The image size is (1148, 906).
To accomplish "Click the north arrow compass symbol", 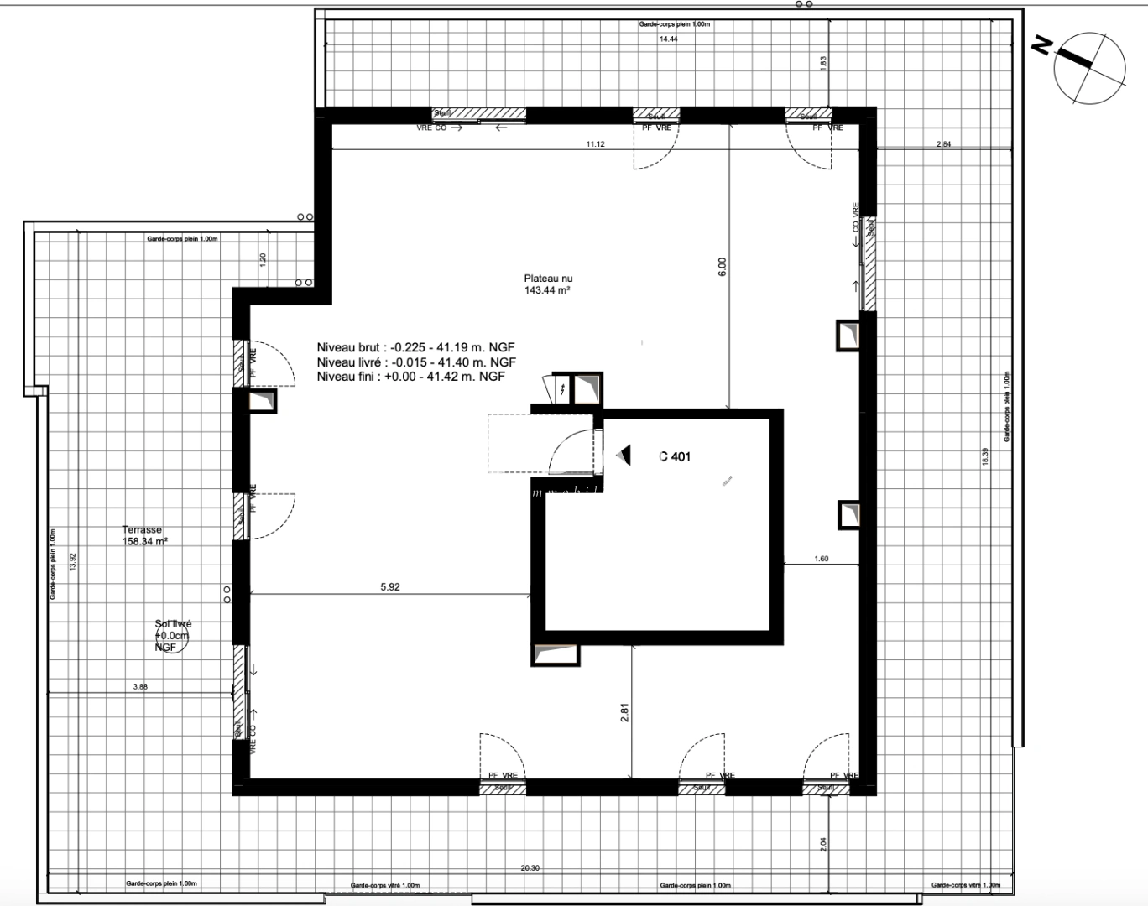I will [1089, 68].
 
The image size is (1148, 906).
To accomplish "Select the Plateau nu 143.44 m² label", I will [548, 285].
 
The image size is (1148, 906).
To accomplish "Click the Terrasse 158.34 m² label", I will [144, 536].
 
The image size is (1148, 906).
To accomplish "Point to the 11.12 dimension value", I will [595, 144].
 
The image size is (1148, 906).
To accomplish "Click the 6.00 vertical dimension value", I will [723, 266].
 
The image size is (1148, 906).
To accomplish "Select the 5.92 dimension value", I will [390, 587].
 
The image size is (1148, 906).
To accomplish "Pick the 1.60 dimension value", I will [821, 559].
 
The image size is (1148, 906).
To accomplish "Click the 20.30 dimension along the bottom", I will [530, 868].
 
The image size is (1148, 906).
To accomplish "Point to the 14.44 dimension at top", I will [668, 39].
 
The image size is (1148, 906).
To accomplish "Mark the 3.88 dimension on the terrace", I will [140, 687].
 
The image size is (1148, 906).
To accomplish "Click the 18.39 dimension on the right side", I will [985, 456].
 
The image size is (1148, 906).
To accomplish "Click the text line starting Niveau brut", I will [415, 347].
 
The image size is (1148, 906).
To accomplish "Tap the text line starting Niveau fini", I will [410, 377].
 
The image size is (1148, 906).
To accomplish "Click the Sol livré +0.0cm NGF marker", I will [172, 636].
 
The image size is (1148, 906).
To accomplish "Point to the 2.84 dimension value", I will [943, 145].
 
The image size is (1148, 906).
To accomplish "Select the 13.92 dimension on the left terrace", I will [73, 562].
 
